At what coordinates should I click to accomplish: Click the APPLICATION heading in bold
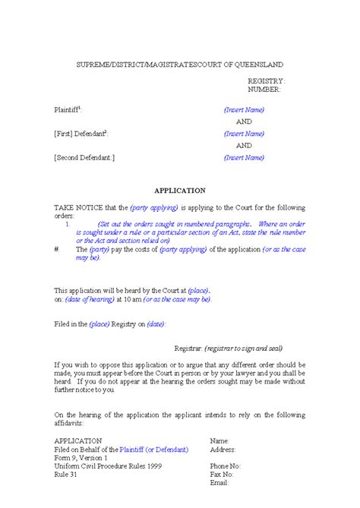click(x=180, y=191)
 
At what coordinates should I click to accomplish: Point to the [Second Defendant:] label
click(x=84, y=158)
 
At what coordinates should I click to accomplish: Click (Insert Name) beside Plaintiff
click(x=244, y=109)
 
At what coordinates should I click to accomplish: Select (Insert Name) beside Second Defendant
click(x=244, y=158)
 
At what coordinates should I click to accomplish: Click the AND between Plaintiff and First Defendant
click(x=244, y=121)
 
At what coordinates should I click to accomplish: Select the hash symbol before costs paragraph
click(x=57, y=249)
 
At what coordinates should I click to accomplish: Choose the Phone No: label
click(x=226, y=465)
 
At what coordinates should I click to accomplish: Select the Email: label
click(x=219, y=482)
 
